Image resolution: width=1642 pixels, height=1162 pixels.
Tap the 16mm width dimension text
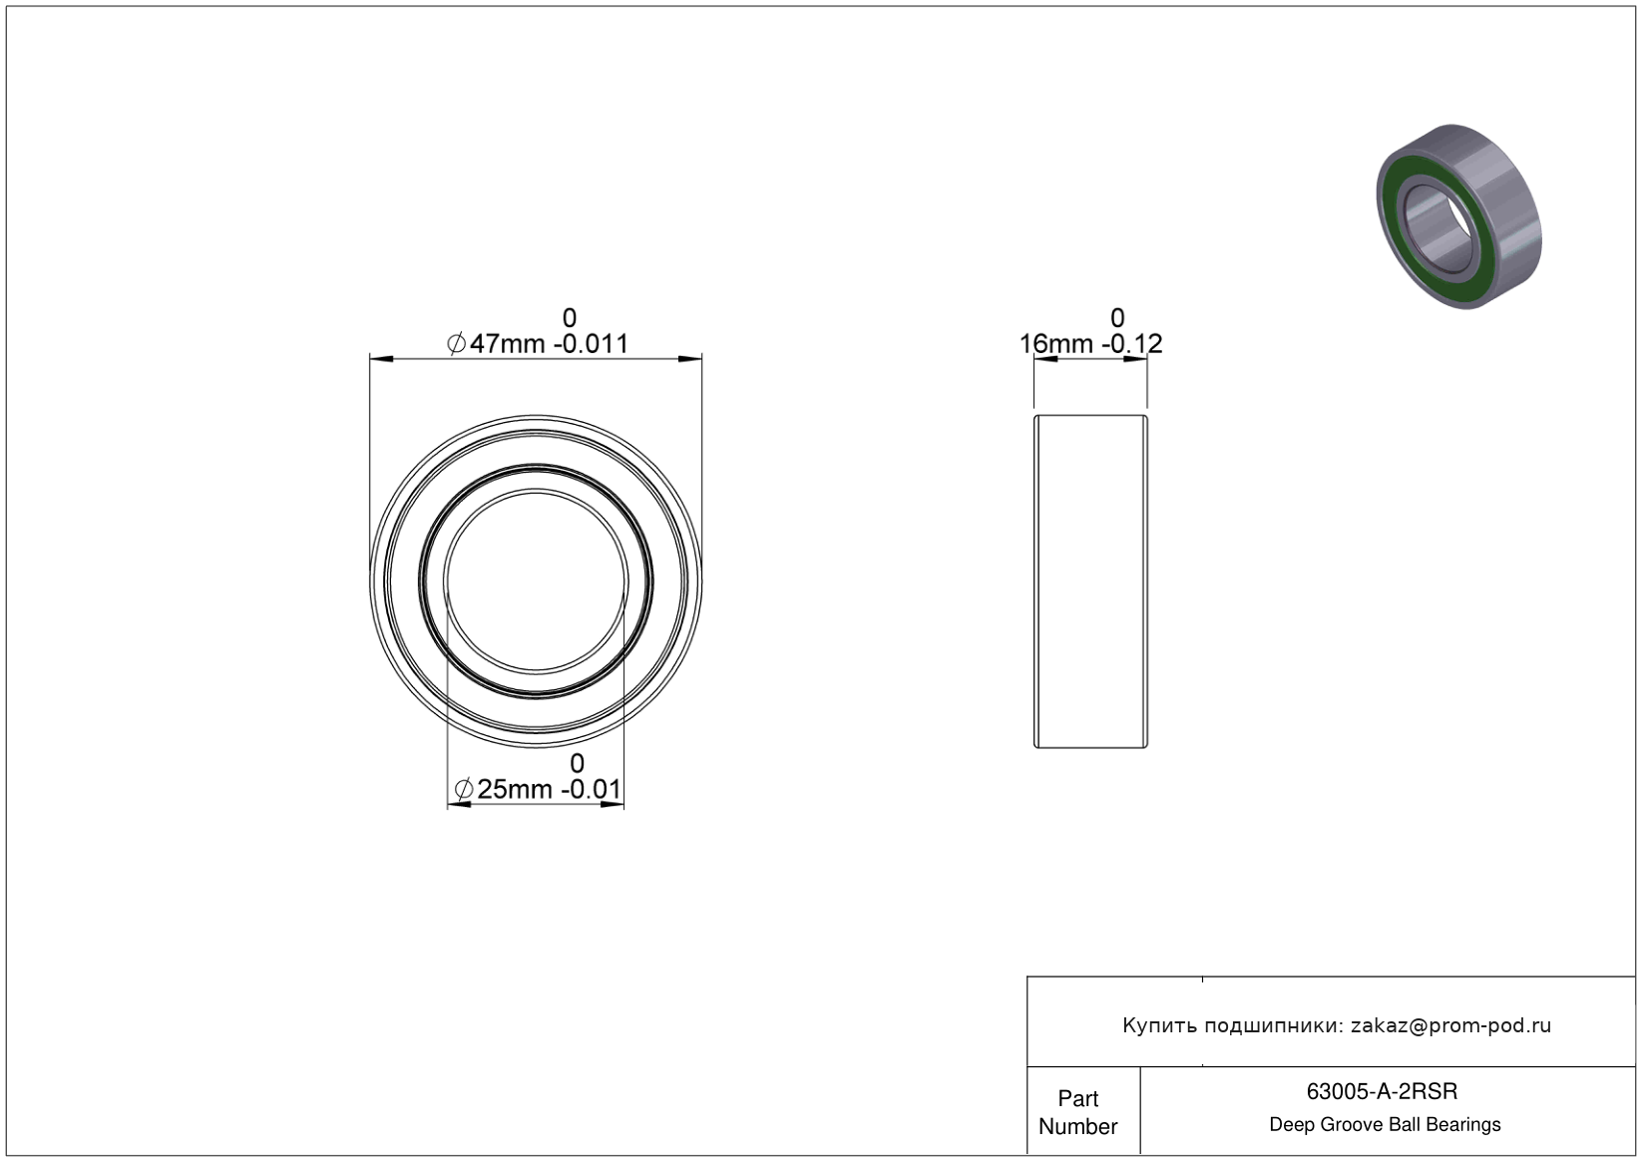[1056, 344]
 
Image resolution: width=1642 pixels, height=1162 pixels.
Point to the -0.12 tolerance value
[1132, 344]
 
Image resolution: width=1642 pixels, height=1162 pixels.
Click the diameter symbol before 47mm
[456, 344]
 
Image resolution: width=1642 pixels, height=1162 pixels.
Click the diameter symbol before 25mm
[463, 790]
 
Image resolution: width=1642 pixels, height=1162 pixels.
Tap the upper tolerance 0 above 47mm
[570, 317]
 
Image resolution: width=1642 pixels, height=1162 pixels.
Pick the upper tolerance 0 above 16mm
[1117, 317]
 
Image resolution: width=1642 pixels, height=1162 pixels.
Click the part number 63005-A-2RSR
[1382, 1091]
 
